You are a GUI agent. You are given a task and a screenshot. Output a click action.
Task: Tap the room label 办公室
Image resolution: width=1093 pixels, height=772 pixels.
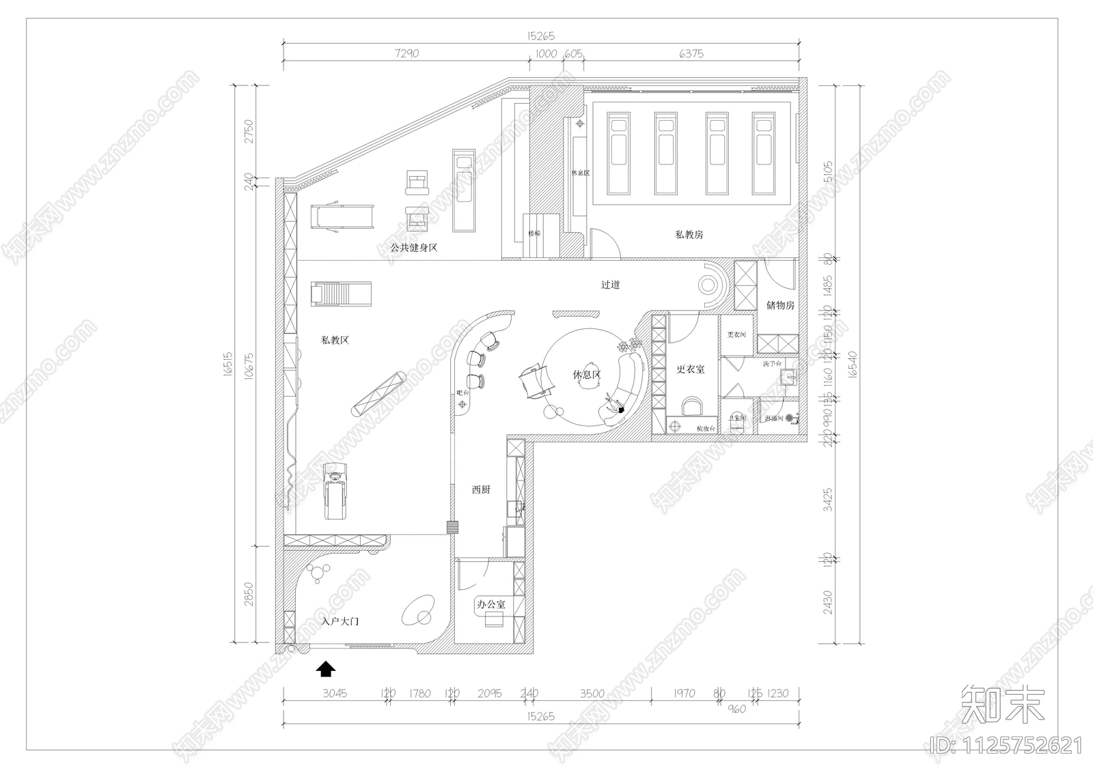490,604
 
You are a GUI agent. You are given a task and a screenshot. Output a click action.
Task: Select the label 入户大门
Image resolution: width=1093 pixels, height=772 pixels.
340,622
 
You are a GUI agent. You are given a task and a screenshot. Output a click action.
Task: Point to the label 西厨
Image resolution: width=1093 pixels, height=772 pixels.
481,489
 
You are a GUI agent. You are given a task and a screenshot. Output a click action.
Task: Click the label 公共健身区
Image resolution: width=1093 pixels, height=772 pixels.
413,247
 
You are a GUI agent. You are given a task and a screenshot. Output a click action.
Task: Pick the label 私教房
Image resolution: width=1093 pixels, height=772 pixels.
689,234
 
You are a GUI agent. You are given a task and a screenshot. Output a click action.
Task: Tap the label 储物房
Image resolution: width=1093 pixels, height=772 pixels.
780,305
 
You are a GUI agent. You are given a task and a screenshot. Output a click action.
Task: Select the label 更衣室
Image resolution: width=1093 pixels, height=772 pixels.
690,369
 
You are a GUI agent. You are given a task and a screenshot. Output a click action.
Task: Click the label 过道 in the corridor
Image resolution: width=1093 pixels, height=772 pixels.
610,285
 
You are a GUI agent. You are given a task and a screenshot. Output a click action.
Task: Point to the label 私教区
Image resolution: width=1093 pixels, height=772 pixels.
335,339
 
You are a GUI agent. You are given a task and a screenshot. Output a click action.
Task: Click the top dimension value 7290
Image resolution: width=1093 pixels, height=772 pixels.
406,53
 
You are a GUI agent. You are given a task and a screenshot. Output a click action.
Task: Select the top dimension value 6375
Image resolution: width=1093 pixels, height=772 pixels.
691,53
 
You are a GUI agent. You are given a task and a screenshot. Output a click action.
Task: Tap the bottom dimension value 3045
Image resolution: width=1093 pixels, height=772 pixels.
335,693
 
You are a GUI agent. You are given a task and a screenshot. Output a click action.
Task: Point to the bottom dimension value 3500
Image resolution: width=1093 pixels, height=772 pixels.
592,693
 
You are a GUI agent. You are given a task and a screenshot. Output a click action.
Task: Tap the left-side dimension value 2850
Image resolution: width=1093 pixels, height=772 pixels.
249,594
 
